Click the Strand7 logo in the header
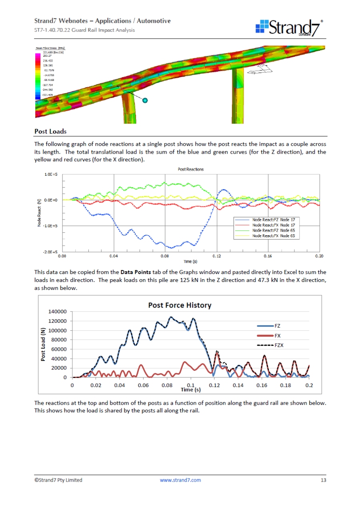pos(289,27)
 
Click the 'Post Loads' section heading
pos(50,131)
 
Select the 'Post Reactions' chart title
pos(190,169)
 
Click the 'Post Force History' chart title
pos(180,305)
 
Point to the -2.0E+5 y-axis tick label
pos(50,252)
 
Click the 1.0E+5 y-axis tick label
pos(51,175)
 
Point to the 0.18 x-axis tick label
pos(285,385)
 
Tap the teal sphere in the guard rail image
pos(145,100)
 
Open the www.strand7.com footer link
pos(180,480)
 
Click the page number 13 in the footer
pos(323,480)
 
